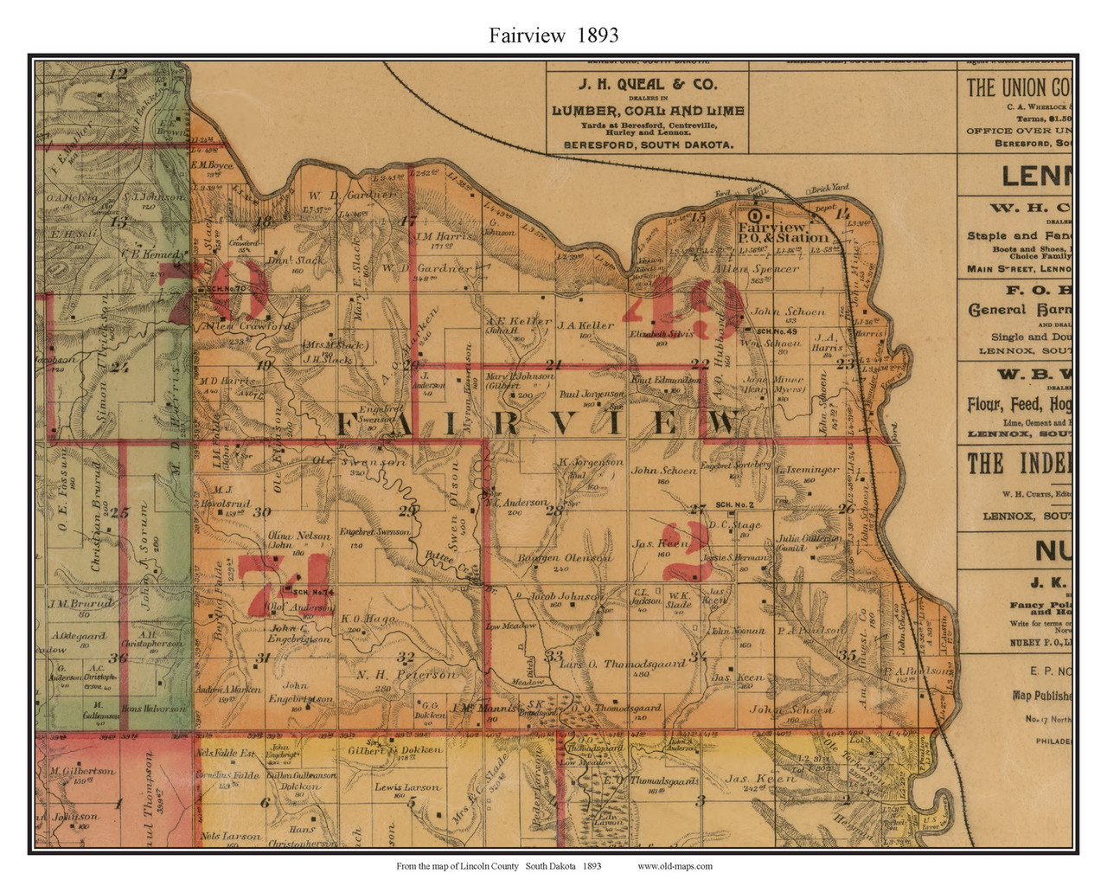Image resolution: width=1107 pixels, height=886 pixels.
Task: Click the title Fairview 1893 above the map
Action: pyautogui.click(x=553, y=35)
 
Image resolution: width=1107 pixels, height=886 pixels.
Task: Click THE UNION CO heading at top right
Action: pyautogui.click(x=1019, y=87)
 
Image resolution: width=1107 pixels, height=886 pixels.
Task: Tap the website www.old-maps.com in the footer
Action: pyautogui.click(x=675, y=865)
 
